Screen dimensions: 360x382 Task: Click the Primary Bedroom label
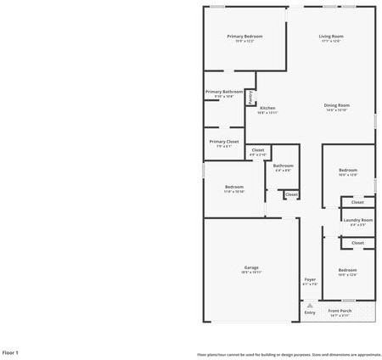tap(244, 37)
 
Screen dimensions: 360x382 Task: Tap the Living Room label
tap(331, 37)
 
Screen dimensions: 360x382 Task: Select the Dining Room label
tap(337, 105)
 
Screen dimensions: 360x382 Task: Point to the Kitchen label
tap(267, 108)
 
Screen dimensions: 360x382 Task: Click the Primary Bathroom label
tap(224, 92)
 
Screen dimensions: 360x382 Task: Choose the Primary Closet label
tap(224, 142)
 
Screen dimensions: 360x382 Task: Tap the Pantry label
tap(250, 98)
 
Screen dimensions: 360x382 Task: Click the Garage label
tap(251, 267)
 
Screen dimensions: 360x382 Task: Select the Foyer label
tap(310, 279)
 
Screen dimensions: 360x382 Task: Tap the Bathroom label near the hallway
tap(283, 166)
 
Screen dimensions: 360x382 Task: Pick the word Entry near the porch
tap(310, 312)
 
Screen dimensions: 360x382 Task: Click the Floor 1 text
tap(10, 352)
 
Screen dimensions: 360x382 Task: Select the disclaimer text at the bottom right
tap(289, 354)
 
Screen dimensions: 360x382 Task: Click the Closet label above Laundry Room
tap(357, 202)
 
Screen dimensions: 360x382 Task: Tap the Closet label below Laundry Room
tap(357, 243)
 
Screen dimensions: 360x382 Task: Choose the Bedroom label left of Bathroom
tap(234, 187)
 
